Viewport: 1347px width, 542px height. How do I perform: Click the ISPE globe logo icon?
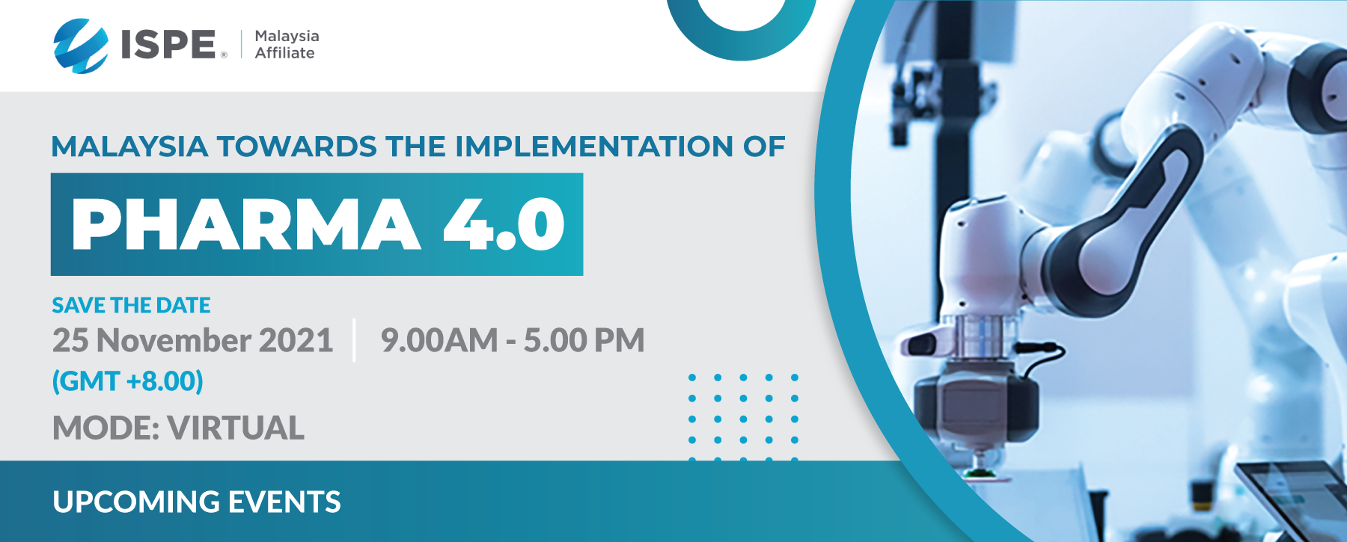(81, 46)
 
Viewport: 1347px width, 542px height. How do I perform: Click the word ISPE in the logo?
(168, 44)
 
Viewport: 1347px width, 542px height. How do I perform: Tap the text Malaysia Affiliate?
(287, 44)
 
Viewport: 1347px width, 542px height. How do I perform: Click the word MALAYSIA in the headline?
(129, 147)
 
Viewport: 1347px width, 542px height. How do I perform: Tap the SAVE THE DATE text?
(131, 305)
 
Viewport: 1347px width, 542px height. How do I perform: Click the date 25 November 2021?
(192, 340)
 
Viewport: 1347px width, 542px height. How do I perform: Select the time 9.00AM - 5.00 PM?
(513, 340)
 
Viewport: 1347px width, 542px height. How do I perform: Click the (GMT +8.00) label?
(127, 381)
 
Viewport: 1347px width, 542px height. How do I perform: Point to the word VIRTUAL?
(236, 428)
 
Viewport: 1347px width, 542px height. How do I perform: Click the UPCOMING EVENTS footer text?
(197, 502)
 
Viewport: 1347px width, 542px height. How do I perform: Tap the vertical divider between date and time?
(354, 340)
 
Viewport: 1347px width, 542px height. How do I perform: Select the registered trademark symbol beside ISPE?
(223, 55)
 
